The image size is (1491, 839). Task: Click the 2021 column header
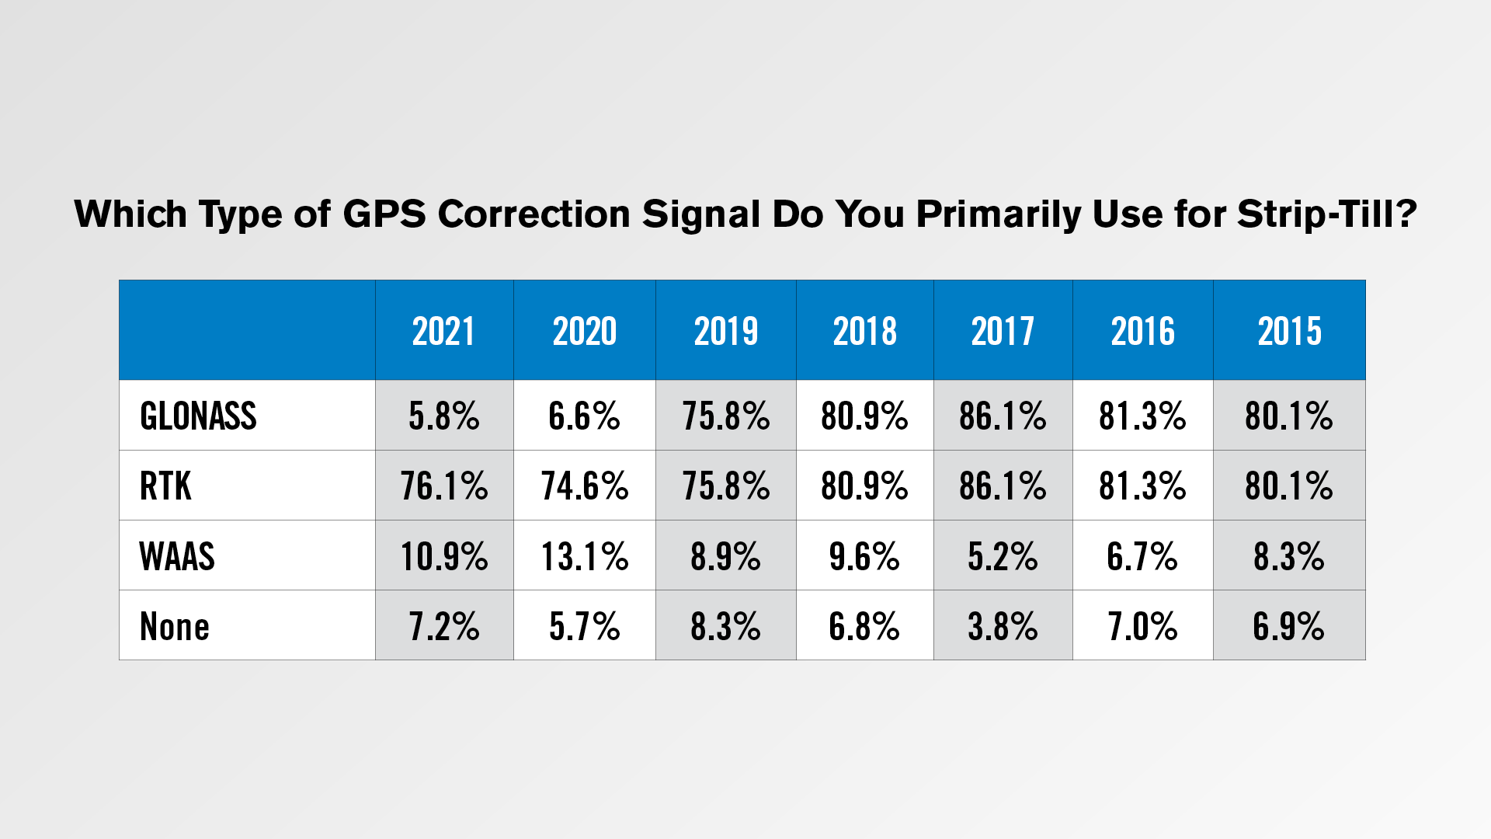[443, 332]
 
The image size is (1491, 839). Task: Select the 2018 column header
[864, 332]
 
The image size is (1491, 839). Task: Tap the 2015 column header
[1289, 332]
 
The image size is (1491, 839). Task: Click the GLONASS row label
[198, 416]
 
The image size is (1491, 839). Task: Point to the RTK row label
[165, 486]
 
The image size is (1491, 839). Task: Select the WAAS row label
[177, 556]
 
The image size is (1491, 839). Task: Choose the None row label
[175, 626]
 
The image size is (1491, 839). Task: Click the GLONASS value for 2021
[444, 416]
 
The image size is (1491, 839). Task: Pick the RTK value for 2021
[444, 486]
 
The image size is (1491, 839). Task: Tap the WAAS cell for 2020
[585, 556]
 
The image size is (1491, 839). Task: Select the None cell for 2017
[1003, 626]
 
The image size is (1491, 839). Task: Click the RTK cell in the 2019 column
[726, 486]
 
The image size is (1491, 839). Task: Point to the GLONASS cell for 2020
[585, 416]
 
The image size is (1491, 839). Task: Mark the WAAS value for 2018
[864, 556]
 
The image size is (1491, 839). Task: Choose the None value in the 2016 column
[1142, 626]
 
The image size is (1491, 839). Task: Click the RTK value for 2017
[1003, 486]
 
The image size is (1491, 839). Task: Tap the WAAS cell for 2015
[1289, 556]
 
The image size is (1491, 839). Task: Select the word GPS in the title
[384, 214]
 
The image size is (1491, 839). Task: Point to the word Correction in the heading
[534, 214]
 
